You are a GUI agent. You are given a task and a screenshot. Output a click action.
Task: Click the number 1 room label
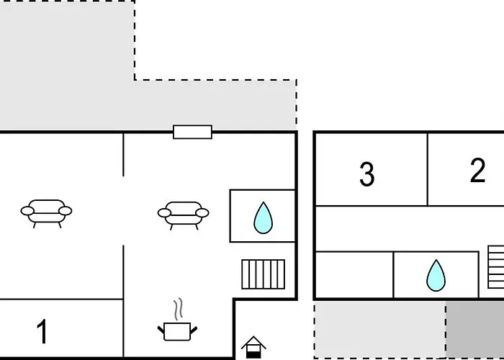(42, 331)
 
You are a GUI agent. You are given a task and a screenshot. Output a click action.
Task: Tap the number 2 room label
(477, 171)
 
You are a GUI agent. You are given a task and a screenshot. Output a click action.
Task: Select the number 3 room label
(366, 174)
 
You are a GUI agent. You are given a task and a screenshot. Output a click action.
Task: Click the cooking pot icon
(177, 331)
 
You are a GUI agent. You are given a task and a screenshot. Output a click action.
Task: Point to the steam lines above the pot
(179, 309)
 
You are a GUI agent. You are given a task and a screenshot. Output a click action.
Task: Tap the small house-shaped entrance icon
(253, 347)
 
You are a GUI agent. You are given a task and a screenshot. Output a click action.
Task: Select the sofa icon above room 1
(46, 213)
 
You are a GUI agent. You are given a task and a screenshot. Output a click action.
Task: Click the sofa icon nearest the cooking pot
(183, 215)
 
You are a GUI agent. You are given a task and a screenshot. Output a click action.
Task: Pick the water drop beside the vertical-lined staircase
(264, 217)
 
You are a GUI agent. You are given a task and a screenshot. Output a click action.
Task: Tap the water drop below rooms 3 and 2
(436, 276)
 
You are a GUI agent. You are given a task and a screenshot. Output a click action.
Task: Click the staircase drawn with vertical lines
(264, 274)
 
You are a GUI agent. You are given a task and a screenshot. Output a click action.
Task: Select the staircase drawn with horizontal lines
(496, 267)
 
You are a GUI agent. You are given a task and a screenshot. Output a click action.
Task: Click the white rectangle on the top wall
(192, 132)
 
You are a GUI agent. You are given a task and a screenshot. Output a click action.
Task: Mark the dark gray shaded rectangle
(474, 329)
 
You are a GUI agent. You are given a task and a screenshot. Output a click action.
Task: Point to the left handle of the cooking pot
(161, 330)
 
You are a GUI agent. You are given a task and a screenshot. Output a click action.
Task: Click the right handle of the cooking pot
(194, 330)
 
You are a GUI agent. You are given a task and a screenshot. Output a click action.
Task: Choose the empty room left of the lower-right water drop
(354, 275)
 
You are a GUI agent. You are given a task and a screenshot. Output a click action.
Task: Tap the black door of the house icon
(253, 355)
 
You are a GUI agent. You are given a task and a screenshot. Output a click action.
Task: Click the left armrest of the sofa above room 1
(27, 211)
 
